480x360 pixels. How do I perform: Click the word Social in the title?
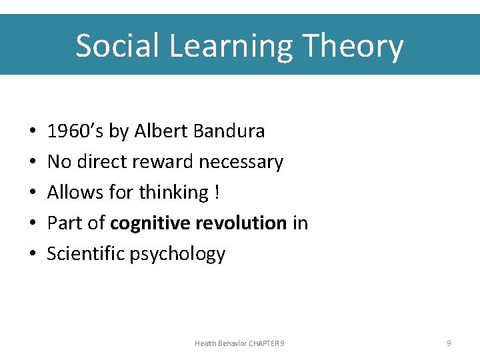(x=116, y=46)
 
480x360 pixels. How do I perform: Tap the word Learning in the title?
(x=229, y=46)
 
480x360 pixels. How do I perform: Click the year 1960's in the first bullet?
(x=75, y=131)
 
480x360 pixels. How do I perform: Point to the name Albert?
(x=161, y=131)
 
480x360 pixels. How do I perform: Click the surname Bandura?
(x=229, y=131)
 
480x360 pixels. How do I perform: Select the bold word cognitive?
(x=149, y=223)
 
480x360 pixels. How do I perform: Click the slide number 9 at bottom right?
(x=449, y=343)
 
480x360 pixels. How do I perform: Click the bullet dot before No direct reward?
(x=33, y=162)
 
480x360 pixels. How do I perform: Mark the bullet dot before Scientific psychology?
(x=33, y=254)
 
